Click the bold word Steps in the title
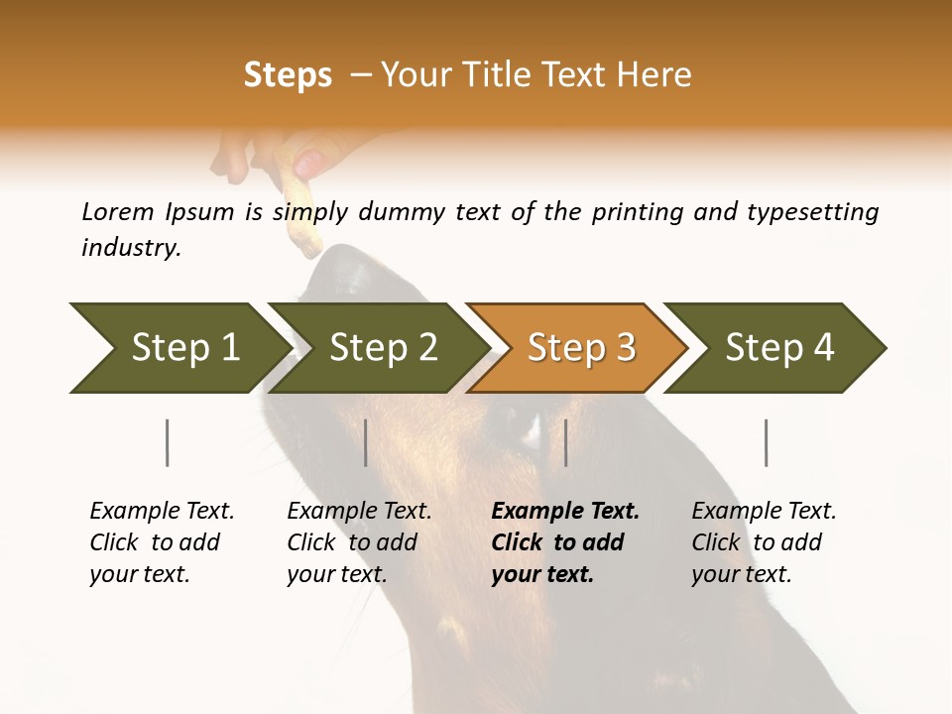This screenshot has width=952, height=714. pos(288,75)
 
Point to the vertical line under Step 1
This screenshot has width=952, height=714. pos(167,442)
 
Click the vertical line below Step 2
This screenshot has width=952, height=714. pos(366,442)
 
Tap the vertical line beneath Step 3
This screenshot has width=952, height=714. pos(565,442)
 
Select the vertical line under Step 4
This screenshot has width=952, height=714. pos(766,442)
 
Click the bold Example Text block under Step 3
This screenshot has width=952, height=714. pos(565,542)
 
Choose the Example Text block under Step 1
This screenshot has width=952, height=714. pos(162,542)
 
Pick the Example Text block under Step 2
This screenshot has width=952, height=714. pos(359,542)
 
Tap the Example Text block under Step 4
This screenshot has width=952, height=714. pos(764,542)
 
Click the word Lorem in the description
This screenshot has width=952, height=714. pos(118,212)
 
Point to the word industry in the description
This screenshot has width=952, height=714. pos(130,248)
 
